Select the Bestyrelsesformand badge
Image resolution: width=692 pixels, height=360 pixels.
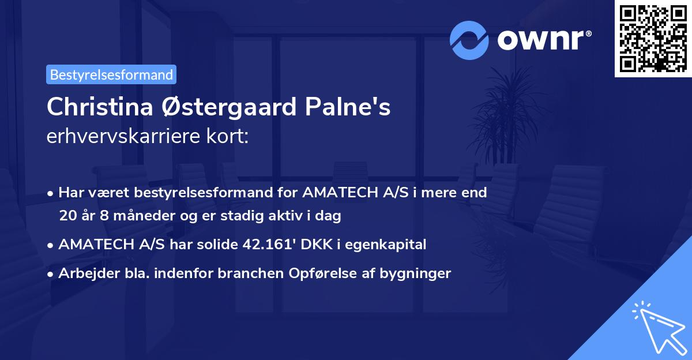point(111,74)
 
